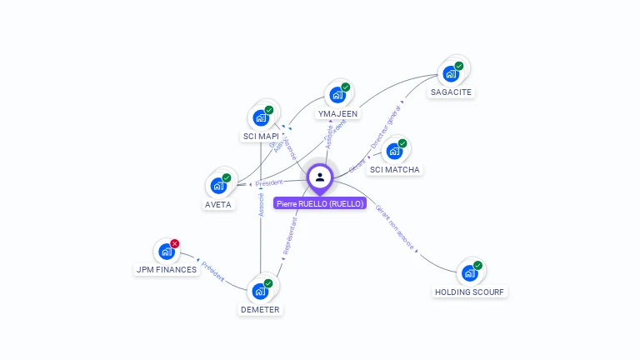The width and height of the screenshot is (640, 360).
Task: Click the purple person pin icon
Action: pyautogui.click(x=320, y=177)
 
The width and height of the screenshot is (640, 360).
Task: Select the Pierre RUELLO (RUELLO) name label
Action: pyautogui.click(x=320, y=203)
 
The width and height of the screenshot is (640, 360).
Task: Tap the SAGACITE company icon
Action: pyautogui.click(x=452, y=73)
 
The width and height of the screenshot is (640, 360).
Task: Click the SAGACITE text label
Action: pyautogui.click(x=452, y=92)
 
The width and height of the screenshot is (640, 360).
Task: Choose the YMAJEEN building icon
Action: pyautogui.click(x=337, y=95)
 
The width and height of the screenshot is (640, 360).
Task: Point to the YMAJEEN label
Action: pyautogui.click(x=337, y=113)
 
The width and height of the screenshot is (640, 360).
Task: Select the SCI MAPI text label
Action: pyautogui.click(x=260, y=136)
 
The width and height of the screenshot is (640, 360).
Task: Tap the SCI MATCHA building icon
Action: pyautogui.click(x=395, y=152)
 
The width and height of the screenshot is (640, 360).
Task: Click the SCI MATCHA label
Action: pyautogui.click(x=395, y=170)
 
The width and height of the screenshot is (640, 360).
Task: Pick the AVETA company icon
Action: pyautogui.click(x=218, y=186)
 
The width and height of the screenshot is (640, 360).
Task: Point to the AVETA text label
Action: pyautogui.click(x=218, y=204)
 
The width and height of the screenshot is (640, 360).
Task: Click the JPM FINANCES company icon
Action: pyautogui.click(x=167, y=251)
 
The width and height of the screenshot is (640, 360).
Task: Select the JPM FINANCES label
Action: pyautogui.click(x=167, y=269)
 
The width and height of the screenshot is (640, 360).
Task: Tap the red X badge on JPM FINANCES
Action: pyautogui.click(x=175, y=243)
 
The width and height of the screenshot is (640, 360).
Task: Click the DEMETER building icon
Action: pyautogui.click(x=260, y=291)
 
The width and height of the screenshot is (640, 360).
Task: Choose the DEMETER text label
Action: pyautogui.click(x=260, y=309)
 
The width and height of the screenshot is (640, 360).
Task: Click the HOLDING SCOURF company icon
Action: pyautogui.click(x=470, y=273)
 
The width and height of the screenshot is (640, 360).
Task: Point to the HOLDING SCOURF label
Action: pyautogui.click(x=470, y=292)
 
